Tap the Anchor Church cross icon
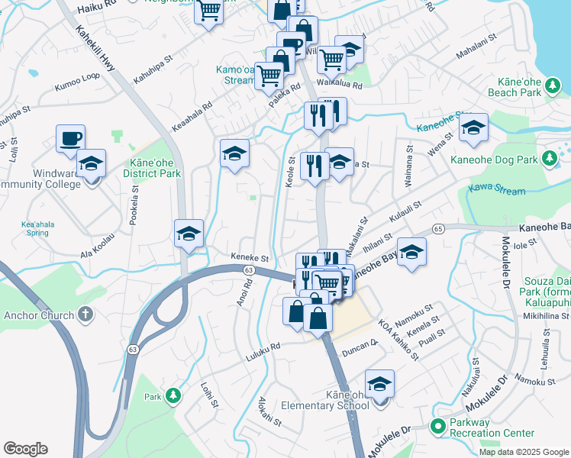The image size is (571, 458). [x=86, y=314]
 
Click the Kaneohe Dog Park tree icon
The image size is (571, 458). [x=548, y=158]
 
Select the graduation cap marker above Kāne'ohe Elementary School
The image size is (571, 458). [x=379, y=384]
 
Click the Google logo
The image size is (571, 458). [x=25, y=449]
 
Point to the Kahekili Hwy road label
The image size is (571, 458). [x=95, y=47]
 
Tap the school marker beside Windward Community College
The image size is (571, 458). [x=91, y=164]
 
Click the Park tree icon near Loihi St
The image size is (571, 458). [x=174, y=395]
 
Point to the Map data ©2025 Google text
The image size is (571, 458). [x=524, y=452]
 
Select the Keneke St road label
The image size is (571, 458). [x=250, y=259]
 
